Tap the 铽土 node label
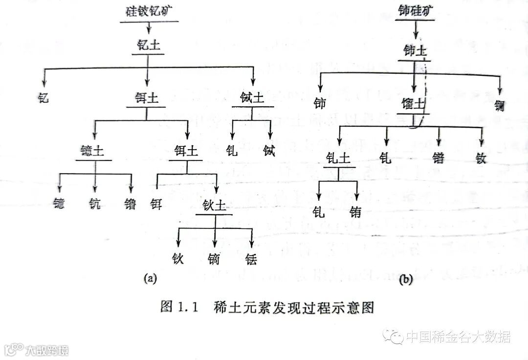(x=252, y=98)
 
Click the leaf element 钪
(x=95, y=203)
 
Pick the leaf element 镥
(x=131, y=203)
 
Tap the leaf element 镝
(x=214, y=258)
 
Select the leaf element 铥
(x=251, y=258)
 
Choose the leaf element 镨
(x=438, y=157)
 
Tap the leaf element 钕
(x=482, y=157)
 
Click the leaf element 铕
(x=356, y=212)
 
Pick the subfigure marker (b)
(x=405, y=280)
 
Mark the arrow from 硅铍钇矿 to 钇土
(x=149, y=29)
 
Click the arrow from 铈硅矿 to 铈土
(x=415, y=32)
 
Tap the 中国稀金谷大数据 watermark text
(x=458, y=337)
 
